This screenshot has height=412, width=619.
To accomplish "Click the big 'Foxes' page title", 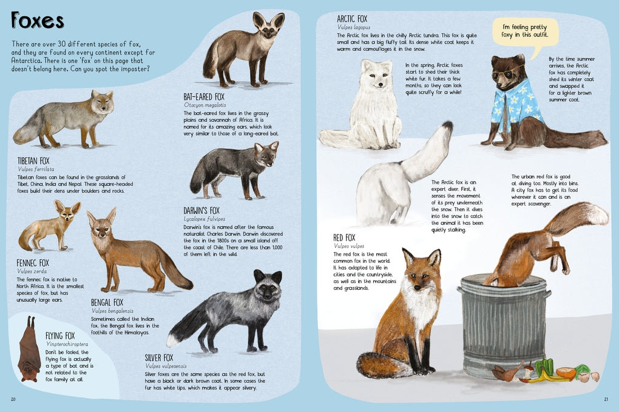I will [x=38, y=21].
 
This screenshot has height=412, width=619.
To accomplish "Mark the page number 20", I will [x=14, y=399].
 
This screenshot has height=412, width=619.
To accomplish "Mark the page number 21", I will [x=605, y=399].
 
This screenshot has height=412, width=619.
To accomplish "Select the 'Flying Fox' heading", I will [x=60, y=336].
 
